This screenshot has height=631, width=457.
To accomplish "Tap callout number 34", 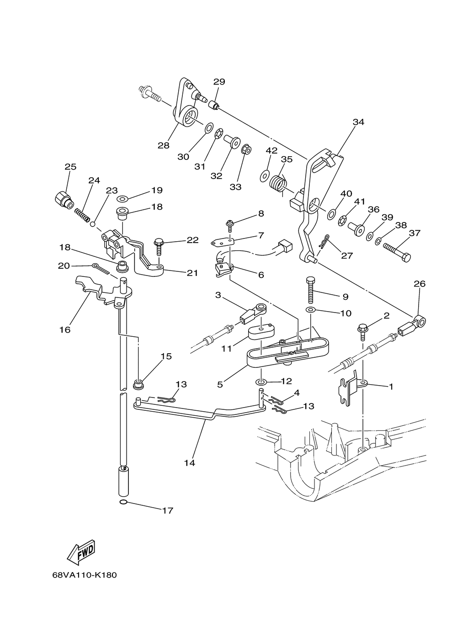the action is [358, 122].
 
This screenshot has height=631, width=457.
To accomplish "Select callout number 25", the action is [70, 167].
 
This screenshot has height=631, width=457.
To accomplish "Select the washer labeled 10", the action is [310, 310].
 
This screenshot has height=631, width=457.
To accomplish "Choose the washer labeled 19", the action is [122, 199].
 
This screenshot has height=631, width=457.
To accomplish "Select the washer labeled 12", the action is [261, 382].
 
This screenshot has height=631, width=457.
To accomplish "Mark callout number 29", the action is [219, 82].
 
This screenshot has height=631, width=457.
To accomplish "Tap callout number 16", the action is [64, 329].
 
